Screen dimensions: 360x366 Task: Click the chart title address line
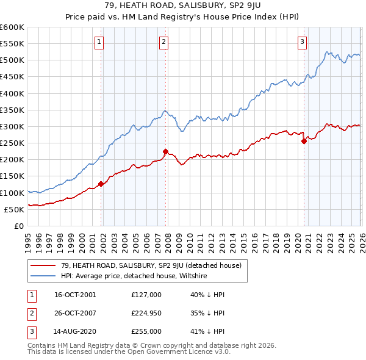tap(183, 5)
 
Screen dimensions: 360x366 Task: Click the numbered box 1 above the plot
tap(99, 41)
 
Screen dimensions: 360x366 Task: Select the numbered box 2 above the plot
tap(164, 41)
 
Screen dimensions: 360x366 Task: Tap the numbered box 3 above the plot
tap(302, 41)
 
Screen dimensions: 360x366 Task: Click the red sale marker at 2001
tap(101, 184)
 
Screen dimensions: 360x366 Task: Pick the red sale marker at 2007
tap(165, 151)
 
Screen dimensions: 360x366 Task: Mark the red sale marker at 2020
tap(304, 141)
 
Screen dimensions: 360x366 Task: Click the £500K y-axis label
tap(12, 60)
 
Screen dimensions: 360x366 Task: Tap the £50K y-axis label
tap(14, 209)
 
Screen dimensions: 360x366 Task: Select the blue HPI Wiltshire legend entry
tap(134, 275)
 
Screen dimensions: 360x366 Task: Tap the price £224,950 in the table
tap(146, 313)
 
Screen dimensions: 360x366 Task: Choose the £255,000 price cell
tap(146, 331)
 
